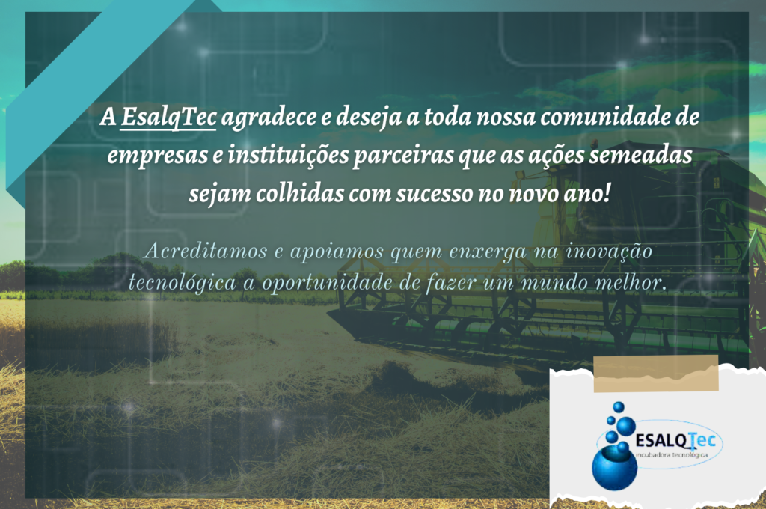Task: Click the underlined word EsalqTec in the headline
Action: coord(168,118)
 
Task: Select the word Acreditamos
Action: coord(206,251)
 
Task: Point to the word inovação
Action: coord(609,252)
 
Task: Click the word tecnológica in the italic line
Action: coord(183,284)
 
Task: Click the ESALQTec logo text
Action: coord(675,441)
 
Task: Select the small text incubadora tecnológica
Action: coord(672,455)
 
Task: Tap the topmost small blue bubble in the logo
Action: coord(619,406)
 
